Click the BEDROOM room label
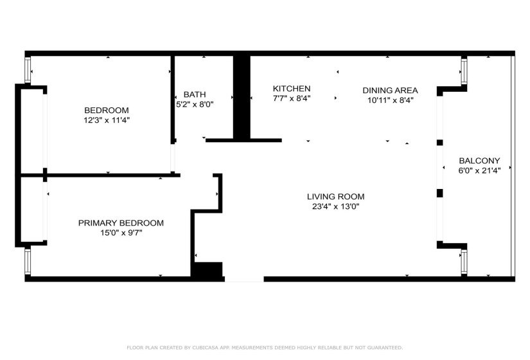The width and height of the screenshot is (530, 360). [x=106, y=110]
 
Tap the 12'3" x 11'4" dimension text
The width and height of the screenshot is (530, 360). [x=106, y=120]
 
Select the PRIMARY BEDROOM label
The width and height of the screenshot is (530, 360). [x=121, y=223]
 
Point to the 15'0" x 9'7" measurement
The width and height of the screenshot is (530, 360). [x=121, y=233]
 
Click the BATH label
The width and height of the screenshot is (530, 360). [x=195, y=94]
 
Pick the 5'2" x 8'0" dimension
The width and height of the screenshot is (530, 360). [x=195, y=104]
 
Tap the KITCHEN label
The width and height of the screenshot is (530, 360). [x=292, y=89]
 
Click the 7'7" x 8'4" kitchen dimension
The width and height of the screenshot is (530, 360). [x=292, y=98]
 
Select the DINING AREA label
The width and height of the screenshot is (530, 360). [x=390, y=90]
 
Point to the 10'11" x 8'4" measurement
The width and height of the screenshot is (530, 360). [x=390, y=100]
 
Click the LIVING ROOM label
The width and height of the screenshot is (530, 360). [x=335, y=197]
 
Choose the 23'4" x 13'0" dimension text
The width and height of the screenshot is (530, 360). [x=335, y=206]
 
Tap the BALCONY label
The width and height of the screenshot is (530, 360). [x=479, y=161]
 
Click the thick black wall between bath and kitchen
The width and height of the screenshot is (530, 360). [x=242, y=96]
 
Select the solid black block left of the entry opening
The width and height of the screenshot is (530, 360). [x=208, y=271]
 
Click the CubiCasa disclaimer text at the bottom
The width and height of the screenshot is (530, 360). [x=265, y=347]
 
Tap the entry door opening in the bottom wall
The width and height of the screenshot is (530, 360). [x=244, y=279]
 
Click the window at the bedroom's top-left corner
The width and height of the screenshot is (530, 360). [x=28, y=69]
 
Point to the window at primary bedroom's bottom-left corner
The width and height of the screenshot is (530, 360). [x=28, y=262]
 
